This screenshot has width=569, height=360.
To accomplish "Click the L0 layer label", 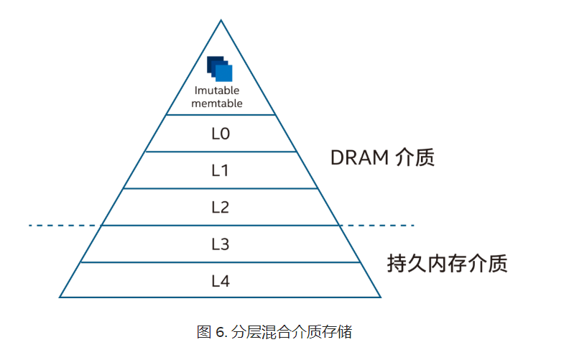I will [x=221, y=134].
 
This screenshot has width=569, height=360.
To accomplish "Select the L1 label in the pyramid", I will [x=221, y=170].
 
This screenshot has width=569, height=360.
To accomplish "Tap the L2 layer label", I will [x=221, y=207].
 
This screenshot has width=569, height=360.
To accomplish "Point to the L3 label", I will [x=221, y=244].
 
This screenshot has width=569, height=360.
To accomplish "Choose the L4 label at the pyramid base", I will [x=221, y=281].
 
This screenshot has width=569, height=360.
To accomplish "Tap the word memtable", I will [x=219, y=103].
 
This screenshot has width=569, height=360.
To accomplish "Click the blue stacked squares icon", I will [x=220, y=68].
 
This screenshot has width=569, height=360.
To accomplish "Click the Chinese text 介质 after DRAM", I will [x=415, y=158].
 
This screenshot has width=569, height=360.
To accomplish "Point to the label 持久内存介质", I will [x=447, y=263].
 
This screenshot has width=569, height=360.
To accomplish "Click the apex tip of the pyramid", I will [x=221, y=20].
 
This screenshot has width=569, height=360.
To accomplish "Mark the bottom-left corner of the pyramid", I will [x=60, y=297].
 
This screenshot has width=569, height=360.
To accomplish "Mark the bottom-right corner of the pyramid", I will [x=380, y=297].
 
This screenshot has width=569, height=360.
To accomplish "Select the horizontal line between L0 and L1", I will [x=221, y=152].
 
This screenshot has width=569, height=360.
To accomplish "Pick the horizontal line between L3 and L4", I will [x=221, y=262].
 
